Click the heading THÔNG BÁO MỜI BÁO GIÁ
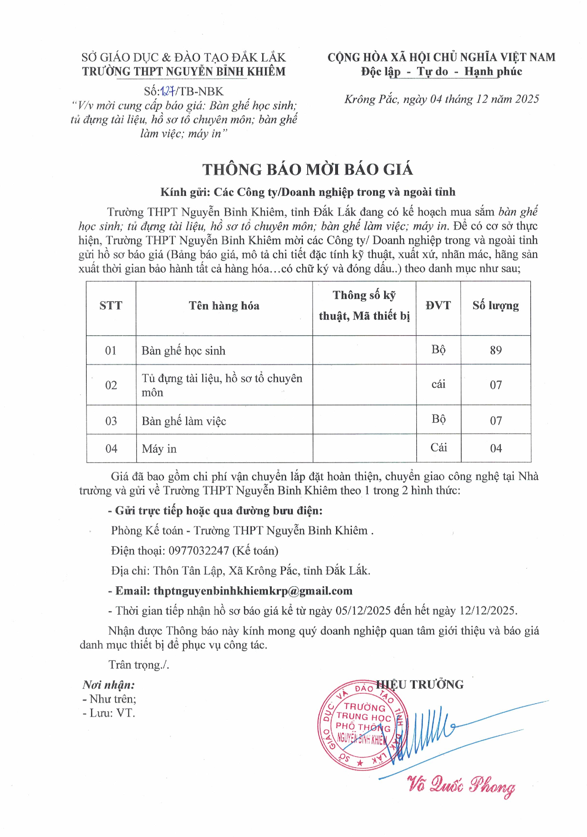(x=308, y=170)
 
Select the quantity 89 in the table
(x=496, y=350)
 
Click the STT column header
(x=111, y=306)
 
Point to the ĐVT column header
(x=438, y=306)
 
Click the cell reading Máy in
(x=159, y=449)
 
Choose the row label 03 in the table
(x=111, y=421)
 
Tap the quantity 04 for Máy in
(x=496, y=448)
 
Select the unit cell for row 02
(x=438, y=384)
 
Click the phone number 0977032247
(x=198, y=551)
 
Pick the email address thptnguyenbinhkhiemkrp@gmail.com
(x=253, y=591)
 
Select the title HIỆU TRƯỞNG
(x=420, y=685)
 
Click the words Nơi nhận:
(x=109, y=685)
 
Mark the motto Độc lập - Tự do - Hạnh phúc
(x=442, y=71)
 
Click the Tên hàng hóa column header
(x=224, y=306)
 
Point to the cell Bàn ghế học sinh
(x=183, y=351)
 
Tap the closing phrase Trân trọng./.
(x=139, y=665)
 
